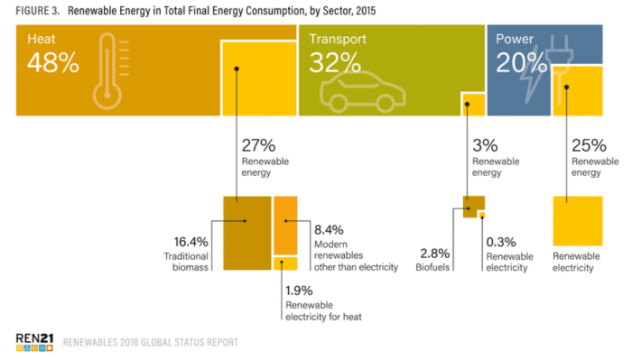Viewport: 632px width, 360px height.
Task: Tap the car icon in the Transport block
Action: pyautogui.click(x=362, y=92)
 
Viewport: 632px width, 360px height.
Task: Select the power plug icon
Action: pyautogui.click(x=559, y=69)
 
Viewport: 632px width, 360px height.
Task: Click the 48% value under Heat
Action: pyautogui.click(x=52, y=62)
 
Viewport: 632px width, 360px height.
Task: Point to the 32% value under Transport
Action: pyautogui.click(x=335, y=62)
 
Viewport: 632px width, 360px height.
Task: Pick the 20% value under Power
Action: pyautogui.click(x=521, y=62)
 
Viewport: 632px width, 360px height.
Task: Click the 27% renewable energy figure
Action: pyautogui.click(x=258, y=145)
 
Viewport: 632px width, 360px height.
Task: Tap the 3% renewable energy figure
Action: pyautogui.click(x=485, y=145)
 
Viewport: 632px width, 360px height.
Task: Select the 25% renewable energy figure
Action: pyautogui.click(x=589, y=145)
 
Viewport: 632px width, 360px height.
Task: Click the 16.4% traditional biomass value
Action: pyautogui.click(x=191, y=242)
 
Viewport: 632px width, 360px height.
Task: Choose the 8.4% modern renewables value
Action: pyautogui.click(x=329, y=230)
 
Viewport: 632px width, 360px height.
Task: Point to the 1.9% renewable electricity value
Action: pyautogui.click(x=299, y=291)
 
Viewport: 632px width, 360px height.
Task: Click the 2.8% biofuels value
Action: pyautogui.click(x=435, y=254)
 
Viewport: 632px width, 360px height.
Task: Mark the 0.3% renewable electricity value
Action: pyautogui.click(x=501, y=242)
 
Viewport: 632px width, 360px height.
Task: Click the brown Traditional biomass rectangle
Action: pyautogui.click(x=247, y=233)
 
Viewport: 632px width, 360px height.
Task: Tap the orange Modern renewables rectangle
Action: pyautogui.click(x=286, y=226)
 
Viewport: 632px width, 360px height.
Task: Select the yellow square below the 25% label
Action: pyautogui.click(x=578, y=221)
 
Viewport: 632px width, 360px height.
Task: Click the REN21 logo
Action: pyautogui.click(x=34, y=342)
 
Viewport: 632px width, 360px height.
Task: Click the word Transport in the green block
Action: pyautogui.click(x=338, y=39)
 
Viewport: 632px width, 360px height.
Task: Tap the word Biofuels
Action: pyautogui.click(x=432, y=267)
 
